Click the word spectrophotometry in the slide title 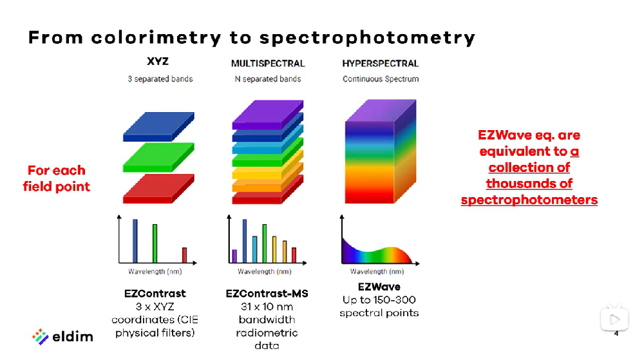[x=368, y=37]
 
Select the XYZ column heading [x=158, y=62]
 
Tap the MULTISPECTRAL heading [x=268, y=63]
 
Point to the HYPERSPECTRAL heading [x=380, y=63]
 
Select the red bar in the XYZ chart [x=184, y=255]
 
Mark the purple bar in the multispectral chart [x=234, y=256]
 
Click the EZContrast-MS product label [x=267, y=294]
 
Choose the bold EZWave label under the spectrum [x=379, y=287]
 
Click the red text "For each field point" [x=56, y=178]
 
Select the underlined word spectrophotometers [x=529, y=200]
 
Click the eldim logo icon [x=41, y=336]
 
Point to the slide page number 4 [x=616, y=334]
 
